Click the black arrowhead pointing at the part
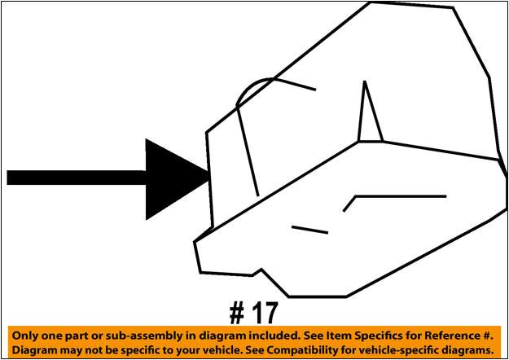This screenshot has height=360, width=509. point(172,178)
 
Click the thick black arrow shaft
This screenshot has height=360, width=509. point(77,178)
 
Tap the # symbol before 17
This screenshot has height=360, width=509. point(237,312)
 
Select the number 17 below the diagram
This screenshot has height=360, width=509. point(265,313)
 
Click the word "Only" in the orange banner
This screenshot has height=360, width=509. point(24,336)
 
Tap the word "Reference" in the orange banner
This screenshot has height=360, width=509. point(452,336)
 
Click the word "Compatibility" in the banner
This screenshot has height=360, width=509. point(303,351)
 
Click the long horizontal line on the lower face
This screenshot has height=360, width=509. point(401,196)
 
